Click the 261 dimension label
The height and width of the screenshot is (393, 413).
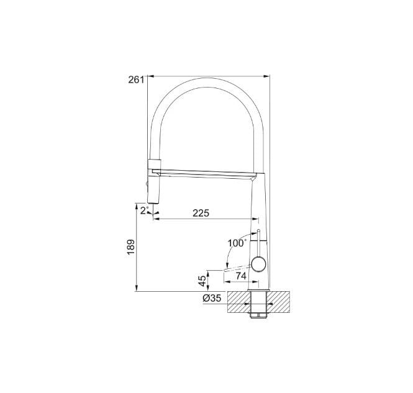[x=136, y=79]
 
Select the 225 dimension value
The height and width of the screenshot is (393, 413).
[x=201, y=213]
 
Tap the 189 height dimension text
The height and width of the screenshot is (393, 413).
[x=131, y=247]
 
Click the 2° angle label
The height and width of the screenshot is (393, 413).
[x=145, y=210]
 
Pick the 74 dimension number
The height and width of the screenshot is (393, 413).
[x=241, y=276]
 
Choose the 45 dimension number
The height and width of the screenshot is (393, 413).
[x=202, y=281]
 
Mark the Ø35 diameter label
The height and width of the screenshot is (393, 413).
[x=212, y=298]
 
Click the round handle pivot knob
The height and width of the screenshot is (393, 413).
[x=259, y=264]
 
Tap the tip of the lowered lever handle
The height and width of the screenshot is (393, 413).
[x=225, y=270]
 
